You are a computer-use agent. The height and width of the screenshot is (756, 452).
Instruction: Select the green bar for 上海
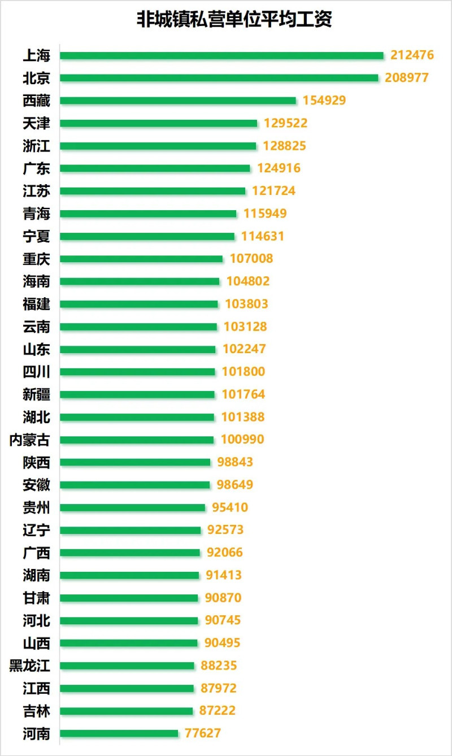pyautogui.click(x=221, y=55)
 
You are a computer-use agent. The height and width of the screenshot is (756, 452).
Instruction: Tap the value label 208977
pyautogui.click(x=407, y=78)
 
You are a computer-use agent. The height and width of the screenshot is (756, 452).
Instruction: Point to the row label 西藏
pyautogui.click(x=37, y=101)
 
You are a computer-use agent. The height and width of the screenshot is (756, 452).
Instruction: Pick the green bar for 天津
pyautogui.click(x=158, y=123)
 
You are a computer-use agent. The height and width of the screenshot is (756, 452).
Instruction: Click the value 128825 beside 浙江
pyautogui.click(x=284, y=146)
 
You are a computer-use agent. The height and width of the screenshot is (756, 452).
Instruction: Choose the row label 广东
pyautogui.click(x=37, y=168)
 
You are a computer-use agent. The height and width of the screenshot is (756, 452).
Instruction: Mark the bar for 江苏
pyautogui.click(x=153, y=191)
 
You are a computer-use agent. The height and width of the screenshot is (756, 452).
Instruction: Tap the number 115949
pyautogui.click(x=266, y=214)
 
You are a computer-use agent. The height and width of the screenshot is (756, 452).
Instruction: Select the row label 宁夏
pyautogui.click(x=37, y=236)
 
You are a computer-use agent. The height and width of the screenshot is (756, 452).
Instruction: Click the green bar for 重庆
pyautogui.click(x=141, y=259)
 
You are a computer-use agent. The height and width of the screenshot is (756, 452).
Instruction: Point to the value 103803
pyautogui.click(x=246, y=304)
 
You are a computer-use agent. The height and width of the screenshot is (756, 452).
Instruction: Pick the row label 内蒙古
pyautogui.click(x=30, y=440)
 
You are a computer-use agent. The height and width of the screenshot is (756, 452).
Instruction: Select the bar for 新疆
pyautogui.click(x=137, y=394)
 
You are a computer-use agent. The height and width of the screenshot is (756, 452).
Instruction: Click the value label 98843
pyautogui.click(x=235, y=462)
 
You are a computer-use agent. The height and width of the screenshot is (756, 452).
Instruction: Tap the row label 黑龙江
pyautogui.click(x=30, y=666)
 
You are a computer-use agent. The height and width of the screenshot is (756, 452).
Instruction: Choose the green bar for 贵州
pyautogui.click(x=132, y=507)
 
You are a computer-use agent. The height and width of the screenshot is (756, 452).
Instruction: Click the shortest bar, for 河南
pyautogui.click(x=119, y=733)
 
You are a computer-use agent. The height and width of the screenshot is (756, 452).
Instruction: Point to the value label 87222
pyautogui.click(x=218, y=711)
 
